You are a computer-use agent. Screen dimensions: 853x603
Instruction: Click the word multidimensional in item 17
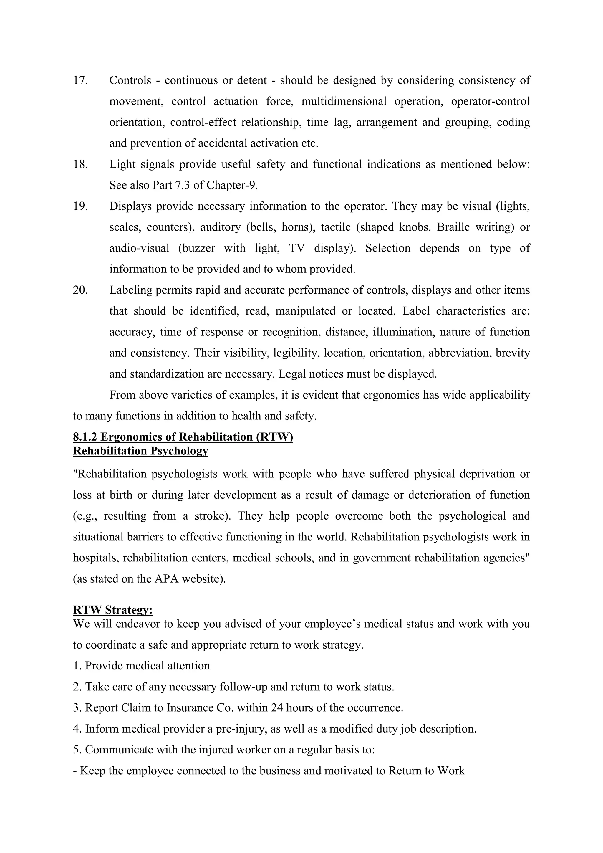344,101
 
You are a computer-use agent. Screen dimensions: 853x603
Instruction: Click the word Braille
454,227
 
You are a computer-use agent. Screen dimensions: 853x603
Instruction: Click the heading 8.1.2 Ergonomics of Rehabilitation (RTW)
183,437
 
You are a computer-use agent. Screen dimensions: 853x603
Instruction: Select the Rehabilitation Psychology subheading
140,451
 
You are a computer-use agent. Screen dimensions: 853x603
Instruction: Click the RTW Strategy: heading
113,610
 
